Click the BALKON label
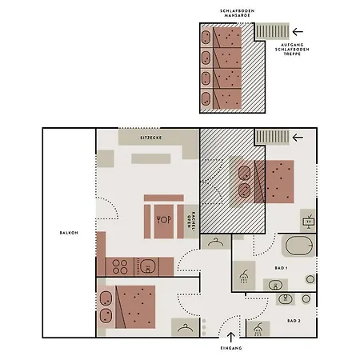tap(69, 233)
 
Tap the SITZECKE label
tap(151, 138)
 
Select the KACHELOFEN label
tap(191, 220)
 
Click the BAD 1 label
tap(281, 268)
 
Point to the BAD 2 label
tap(294, 321)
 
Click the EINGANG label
tap(231, 348)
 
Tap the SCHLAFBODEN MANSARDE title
tap(237, 13)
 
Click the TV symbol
tap(309, 222)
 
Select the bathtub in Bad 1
tap(299, 246)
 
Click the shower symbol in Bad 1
tap(244, 276)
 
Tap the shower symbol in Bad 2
tap(258, 329)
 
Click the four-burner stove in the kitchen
tap(120, 266)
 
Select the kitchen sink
tap(147, 266)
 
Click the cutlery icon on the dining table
tap(164, 219)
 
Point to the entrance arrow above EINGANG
tap(231, 337)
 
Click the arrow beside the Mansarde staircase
tap(298, 32)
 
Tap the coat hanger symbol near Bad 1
tap(216, 242)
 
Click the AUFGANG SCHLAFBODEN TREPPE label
tap(292, 50)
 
